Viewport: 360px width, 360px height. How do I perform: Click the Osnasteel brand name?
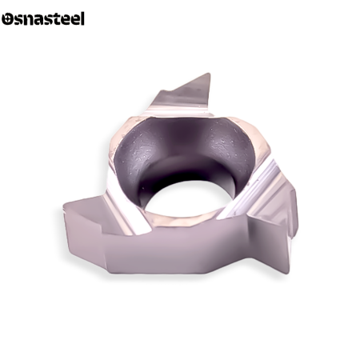(x=43, y=18)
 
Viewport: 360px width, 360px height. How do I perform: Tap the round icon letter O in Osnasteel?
(x=7, y=19)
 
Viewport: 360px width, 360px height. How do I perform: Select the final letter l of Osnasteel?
(x=82, y=18)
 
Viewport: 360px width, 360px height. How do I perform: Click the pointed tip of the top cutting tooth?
(x=210, y=74)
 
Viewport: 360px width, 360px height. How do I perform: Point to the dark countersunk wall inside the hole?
(x=184, y=150)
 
